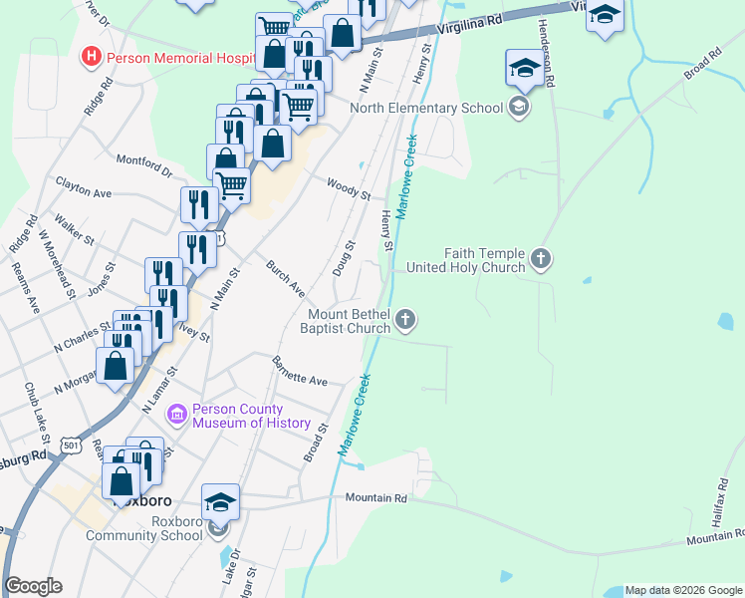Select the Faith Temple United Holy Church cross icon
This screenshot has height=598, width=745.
541,259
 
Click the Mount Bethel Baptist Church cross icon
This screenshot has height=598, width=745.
404,320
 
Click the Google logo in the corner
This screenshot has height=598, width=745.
33,586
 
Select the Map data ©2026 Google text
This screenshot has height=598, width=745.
683,590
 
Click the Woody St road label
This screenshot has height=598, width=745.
349,187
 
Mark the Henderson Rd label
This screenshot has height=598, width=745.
545,56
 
